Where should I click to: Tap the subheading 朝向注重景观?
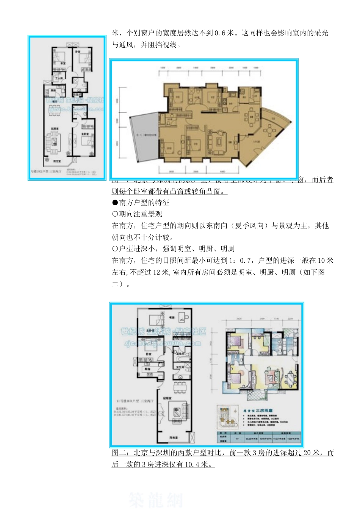pyautogui.click(x=141, y=214)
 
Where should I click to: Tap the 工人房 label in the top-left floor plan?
pyautogui.click(x=59, y=78)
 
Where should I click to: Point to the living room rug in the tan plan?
pyautogui.click(x=219, y=141)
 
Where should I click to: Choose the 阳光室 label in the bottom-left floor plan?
pyautogui.click(x=174, y=437)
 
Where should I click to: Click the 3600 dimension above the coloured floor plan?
pyautogui.click(x=239, y=319)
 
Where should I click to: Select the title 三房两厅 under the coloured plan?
pyautogui.click(x=264, y=411)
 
